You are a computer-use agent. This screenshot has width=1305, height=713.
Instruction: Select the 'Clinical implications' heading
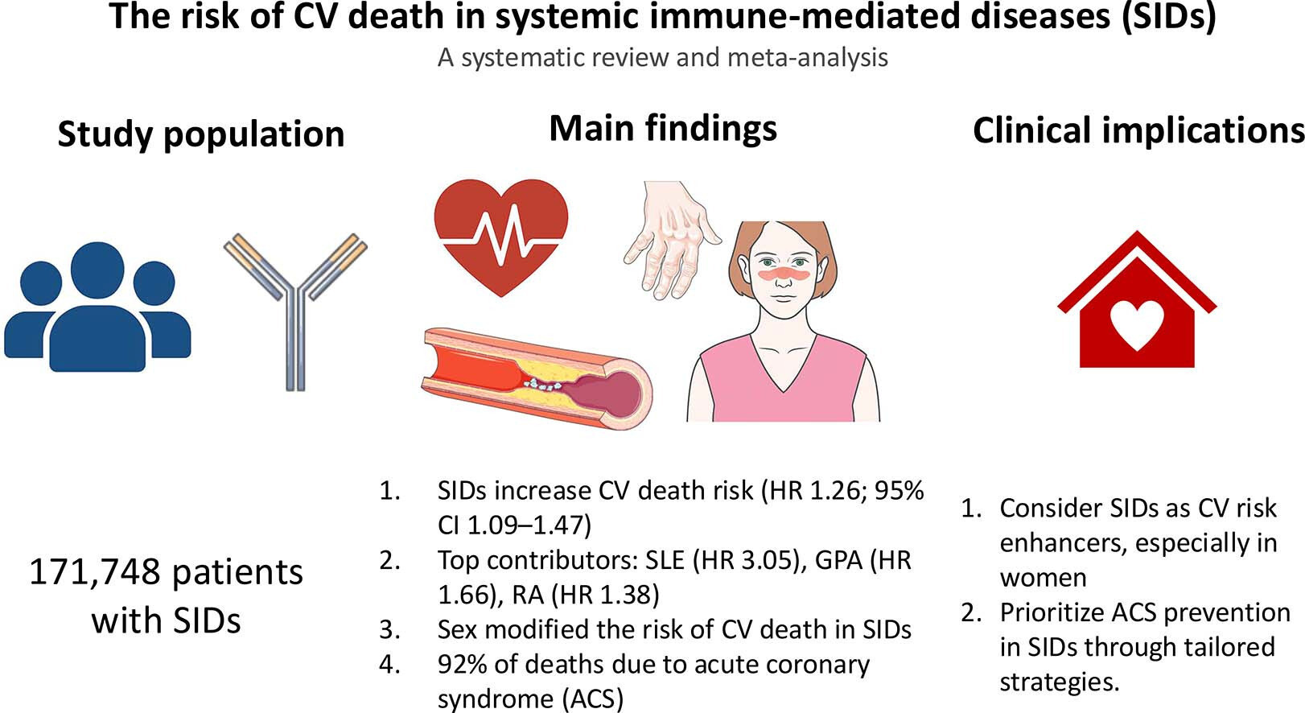[1138, 130]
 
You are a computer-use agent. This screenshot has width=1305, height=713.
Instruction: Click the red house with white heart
[1137, 299]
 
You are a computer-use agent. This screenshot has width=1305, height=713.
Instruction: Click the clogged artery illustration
[537, 379]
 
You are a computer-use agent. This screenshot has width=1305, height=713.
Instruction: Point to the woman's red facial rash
[784, 274]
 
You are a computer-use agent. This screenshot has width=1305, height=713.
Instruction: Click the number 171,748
[94, 573]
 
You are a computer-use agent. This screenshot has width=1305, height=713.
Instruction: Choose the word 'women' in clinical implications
[1044, 578]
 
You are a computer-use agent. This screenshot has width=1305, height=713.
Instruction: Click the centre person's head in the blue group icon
[97, 269]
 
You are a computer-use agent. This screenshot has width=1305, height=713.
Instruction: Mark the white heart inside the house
[1137, 326]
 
